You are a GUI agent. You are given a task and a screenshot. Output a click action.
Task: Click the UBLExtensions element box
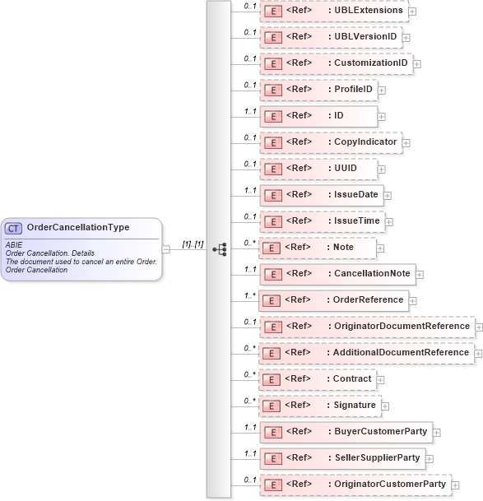333,11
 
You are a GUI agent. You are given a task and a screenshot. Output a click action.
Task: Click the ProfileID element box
318,90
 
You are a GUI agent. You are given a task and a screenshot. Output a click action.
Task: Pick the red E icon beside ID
272,116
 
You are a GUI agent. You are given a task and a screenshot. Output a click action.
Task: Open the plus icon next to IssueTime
389,222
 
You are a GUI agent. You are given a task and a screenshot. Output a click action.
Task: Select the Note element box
318,247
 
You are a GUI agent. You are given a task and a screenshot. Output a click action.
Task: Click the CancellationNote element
338,273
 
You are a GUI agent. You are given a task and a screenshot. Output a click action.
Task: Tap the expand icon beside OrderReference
412,300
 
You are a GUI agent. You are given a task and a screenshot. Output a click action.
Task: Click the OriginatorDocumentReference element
367,327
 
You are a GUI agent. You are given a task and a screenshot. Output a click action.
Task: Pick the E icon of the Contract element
272,379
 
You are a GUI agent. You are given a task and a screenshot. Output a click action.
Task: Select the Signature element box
320,406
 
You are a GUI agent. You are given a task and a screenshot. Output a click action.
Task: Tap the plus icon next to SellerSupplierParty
430,458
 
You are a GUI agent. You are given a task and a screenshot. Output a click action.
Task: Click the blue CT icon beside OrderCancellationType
14,228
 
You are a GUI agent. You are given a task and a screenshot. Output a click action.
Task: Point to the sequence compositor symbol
219,248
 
